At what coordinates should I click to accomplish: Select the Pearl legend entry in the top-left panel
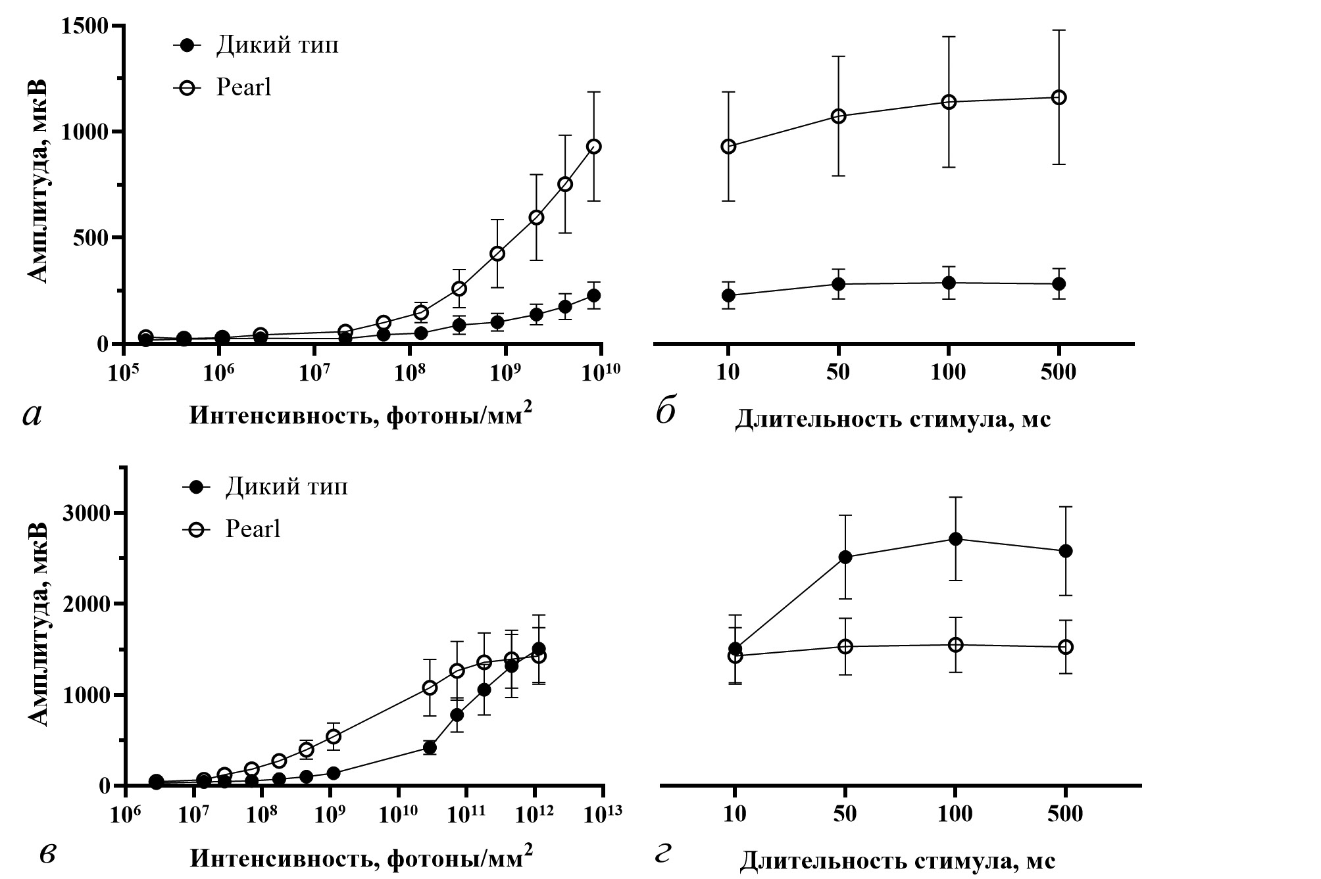243,87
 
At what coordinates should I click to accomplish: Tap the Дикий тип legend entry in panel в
286,487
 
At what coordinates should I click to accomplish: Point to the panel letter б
666,412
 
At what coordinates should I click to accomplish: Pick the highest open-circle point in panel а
594,147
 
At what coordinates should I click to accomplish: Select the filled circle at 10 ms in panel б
728,295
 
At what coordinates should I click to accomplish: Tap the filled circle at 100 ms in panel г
955,539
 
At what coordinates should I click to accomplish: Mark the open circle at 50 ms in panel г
845,646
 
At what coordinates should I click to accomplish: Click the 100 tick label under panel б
949,373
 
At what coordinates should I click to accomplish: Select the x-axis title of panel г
898,861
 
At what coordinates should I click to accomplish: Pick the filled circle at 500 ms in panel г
1066,551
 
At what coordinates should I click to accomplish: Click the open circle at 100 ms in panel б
949,102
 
